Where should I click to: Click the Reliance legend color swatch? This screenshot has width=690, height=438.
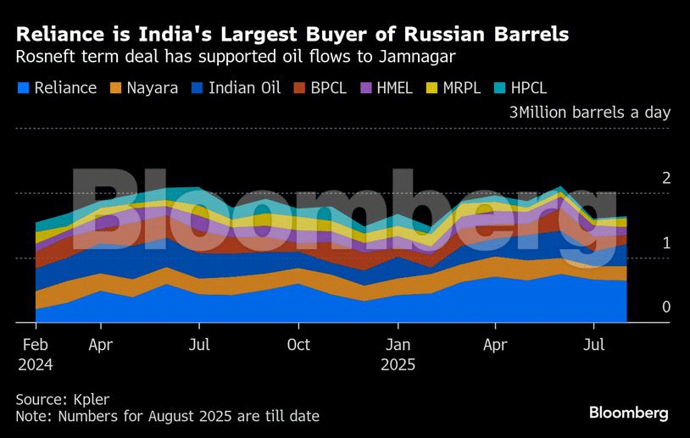coord(23,87)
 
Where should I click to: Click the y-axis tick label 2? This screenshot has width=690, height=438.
coord(666,178)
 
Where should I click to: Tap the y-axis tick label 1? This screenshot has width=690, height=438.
coord(666,242)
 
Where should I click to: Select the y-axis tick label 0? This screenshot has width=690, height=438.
coord(666,307)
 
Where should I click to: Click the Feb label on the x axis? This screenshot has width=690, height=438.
coord(35,346)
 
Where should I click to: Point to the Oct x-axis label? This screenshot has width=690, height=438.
coord(298,346)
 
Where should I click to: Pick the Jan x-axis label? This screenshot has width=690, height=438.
coord(398,346)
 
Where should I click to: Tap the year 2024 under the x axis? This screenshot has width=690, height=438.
coord(36,365)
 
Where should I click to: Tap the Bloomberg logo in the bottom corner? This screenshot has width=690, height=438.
coord(628,413)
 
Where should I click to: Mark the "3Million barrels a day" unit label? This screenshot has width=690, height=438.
coord(590,113)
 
